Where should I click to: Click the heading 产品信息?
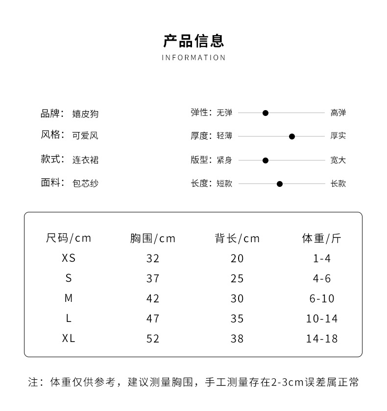click(x=193, y=41)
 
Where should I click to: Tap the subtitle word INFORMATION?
click(x=193, y=58)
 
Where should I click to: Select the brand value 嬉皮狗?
click(x=85, y=114)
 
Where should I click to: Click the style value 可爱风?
click(x=85, y=136)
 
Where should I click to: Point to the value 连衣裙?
click(x=85, y=160)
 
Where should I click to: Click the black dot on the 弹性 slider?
click(x=266, y=113)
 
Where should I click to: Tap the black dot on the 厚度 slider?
click(x=292, y=137)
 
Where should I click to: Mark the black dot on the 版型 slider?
click(x=266, y=160)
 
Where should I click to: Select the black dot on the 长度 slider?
click(x=280, y=184)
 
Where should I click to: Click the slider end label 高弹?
click(x=338, y=113)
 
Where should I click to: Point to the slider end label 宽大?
click(x=338, y=160)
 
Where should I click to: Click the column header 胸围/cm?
click(x=153, y=238)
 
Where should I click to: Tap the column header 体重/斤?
click(x=321, y=238)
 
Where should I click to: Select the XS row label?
click(x=69, y=258)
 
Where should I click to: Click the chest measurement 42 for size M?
click(x=153, y=298)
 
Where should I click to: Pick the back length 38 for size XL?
click(x=237, y=339)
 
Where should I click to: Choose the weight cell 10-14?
click(x=322, y=319)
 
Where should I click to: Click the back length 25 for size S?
click(x=237, y=278)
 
